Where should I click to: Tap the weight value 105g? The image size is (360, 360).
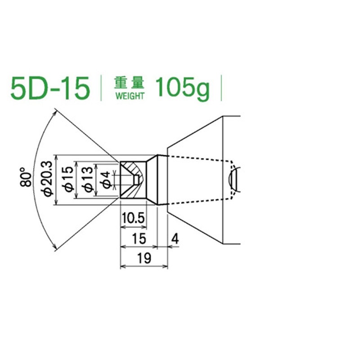point(182,88)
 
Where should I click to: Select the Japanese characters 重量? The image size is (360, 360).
point(129,83)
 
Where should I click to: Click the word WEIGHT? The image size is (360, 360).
point(130,96)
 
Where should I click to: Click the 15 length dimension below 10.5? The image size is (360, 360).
point(139,238)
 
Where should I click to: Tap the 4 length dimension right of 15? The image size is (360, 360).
point(175,238)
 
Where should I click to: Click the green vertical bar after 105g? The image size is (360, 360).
point(221,88)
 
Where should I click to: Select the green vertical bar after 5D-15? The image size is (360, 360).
point(102,88)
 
